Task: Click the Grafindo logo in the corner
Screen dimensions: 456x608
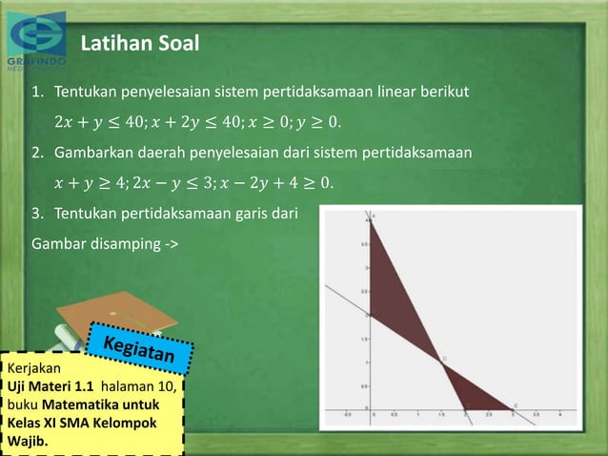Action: click(36, 40)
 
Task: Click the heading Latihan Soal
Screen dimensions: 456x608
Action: click(139, 43)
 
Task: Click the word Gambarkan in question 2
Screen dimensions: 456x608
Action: click(95, 153)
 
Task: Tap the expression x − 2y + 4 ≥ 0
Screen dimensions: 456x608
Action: click(276, 182)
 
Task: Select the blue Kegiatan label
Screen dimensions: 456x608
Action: click(141, 349)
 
